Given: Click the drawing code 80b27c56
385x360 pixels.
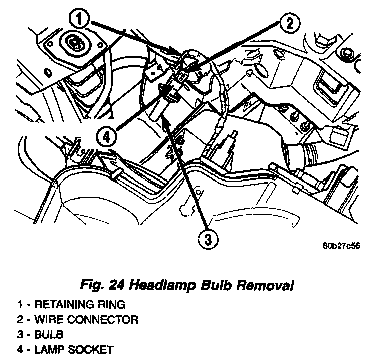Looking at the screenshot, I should point(342,246).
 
